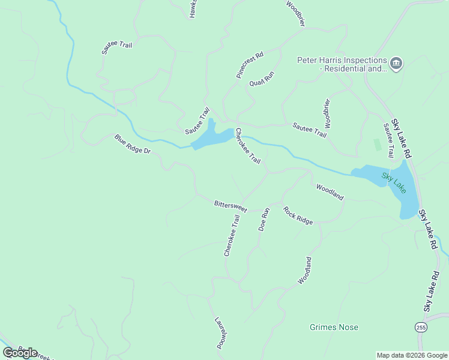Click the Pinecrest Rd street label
pyautogui.click(x=249, y=66)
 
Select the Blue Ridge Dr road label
pyautogui.click(x=132, y=144)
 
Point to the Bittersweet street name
pyautogui.click(x=231, y=206)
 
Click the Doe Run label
pyautogui.click(x=264, y=220)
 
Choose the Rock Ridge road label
pyautogui.click(x=298, y=216)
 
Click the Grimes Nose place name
pyautogui.click(x=334, y=327)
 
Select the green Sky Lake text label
pyautogui.click(x=394, y=182)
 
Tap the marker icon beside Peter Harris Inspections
pyautogui.click(x=396, y=64)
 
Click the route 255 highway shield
pyautogui.click(x=421, y=327)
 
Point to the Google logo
pyautogui.click(x=20, y=352)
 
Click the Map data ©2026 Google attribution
pyautogui.click(x=411, y=355)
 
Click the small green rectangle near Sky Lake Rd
pyautogui.click(x=377, y=145)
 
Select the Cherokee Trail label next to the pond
pyautogui.click(x=248, y=146)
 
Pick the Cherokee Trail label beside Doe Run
pyautogui.click(x=232, y=236)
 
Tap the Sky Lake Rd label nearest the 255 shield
pyautogui.click(x=432, y=291)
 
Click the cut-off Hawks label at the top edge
pyautogui.click(x=193, y=8)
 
